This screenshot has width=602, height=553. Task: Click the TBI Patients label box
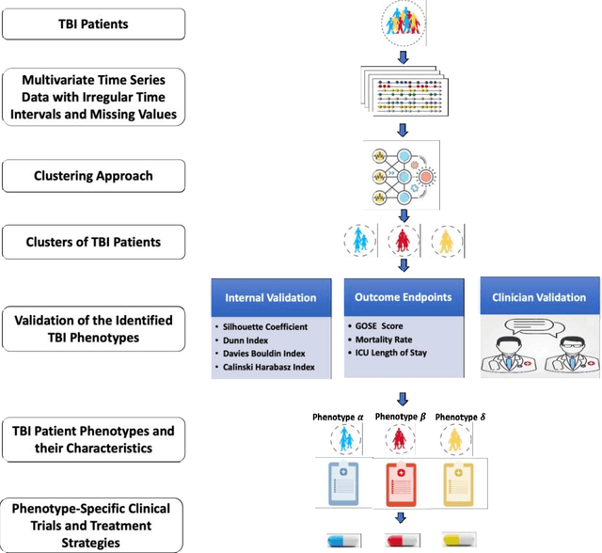coord(94,24)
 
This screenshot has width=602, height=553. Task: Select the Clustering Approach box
coord(94,175)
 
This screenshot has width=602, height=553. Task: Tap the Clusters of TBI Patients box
coord(94,242)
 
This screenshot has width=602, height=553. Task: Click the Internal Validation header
coord(271,297)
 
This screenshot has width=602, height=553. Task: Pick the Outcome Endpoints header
coord(404,297)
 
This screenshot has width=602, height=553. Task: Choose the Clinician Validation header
coord(538,297)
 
